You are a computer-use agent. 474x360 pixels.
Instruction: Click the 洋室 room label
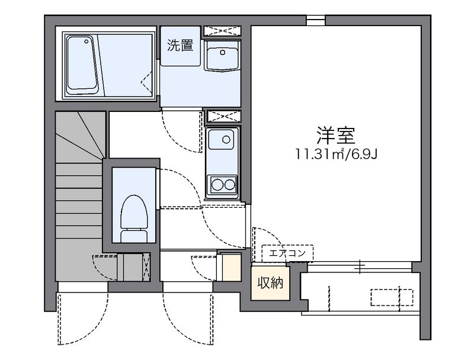tap(335, 136)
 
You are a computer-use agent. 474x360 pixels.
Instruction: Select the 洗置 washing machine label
tap(180, 46)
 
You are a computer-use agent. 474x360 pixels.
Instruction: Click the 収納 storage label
tap(270, 283)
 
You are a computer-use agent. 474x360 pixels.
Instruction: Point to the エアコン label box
tap(287, 253)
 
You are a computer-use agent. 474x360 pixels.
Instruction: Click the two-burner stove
tap(222, 184)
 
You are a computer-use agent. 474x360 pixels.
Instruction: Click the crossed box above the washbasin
tap(222, 30)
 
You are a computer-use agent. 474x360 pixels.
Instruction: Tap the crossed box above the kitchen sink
tap(222, 115)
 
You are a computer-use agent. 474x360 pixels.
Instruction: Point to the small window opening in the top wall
tap(316, 21)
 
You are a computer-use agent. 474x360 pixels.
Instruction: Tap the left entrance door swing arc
tap(83, 317)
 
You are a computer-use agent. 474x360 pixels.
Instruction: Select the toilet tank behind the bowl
tap(134, 236)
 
